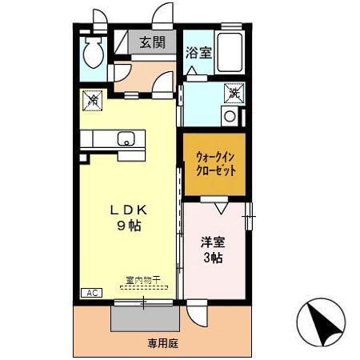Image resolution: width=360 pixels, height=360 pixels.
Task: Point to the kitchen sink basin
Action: point(127,138)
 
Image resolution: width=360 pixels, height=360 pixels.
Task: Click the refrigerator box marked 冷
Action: point(91,100)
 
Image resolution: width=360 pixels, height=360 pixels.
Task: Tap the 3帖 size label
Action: point(212,258)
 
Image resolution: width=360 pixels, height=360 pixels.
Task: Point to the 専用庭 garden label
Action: point(163,344)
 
